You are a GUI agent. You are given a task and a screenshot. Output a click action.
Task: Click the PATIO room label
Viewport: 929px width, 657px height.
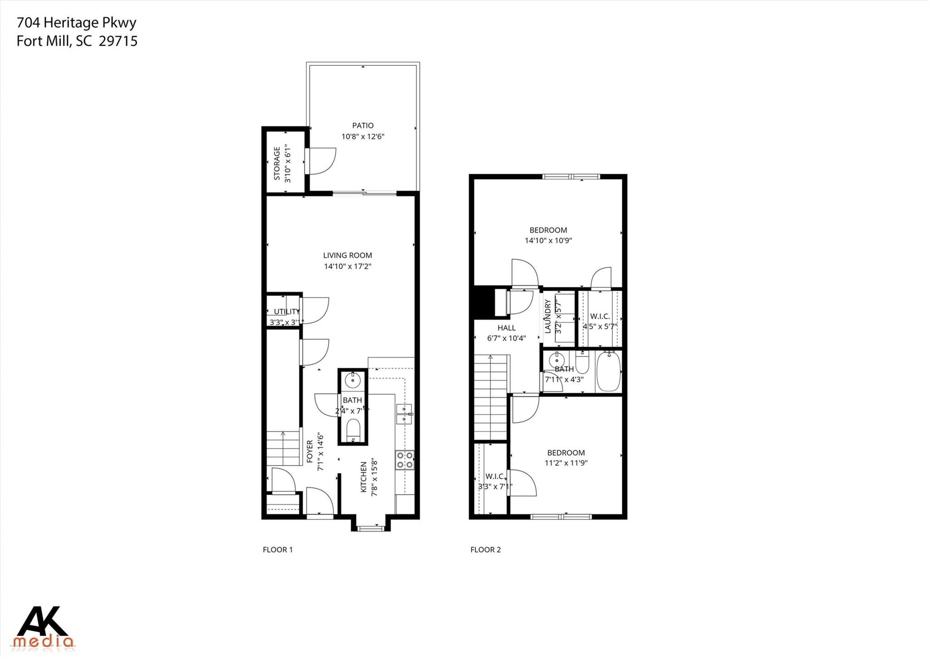click(x=363, y=125)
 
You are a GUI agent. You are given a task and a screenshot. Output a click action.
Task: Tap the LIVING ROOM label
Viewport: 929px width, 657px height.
click(x=347, y=256)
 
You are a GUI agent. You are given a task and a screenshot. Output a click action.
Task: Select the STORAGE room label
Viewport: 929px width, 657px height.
click(x=277, y=163)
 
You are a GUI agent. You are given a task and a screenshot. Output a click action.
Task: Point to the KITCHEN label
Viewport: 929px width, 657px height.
click(x=363, y=477)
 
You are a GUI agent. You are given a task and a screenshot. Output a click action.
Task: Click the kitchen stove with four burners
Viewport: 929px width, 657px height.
click(x=405, y=460)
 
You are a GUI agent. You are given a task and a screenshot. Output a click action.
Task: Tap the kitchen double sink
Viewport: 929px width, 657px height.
click(x=404, y=414)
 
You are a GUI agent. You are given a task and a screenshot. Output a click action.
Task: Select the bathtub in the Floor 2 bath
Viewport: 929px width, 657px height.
click(x=608, y=372)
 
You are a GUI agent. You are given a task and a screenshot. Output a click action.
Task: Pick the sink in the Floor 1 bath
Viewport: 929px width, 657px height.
click(x=352, y=379)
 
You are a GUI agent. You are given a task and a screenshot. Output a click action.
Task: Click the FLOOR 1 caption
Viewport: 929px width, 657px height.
click(x=278, y=550)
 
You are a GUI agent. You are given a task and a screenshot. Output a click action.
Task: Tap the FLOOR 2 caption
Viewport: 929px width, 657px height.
click(x=485, y=550)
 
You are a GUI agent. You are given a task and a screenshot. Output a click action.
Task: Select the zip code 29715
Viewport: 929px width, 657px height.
click(x=118, y=41)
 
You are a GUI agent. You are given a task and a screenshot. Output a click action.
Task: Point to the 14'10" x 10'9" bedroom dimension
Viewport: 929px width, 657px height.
click(x=548, y=241)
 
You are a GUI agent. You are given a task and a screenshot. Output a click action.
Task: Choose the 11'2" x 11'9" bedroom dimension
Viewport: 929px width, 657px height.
click(x=566, y=463)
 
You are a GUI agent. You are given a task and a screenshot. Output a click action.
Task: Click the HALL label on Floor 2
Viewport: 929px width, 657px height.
click(x=506, y=328)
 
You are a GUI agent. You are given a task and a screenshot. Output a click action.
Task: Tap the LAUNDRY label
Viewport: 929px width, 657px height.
click(x=548, y=316)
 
